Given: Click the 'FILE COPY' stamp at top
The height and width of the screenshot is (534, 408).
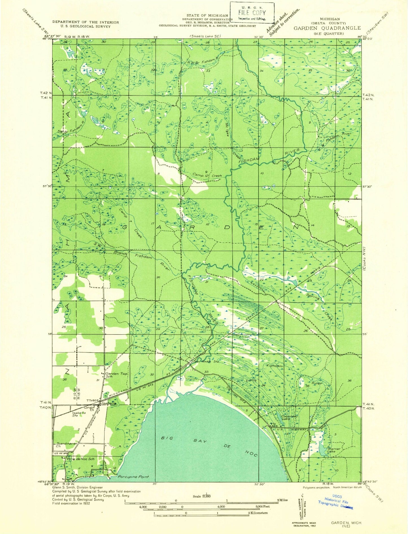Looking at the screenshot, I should point(252,13).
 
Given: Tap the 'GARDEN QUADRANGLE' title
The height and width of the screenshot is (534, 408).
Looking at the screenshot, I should point(327,28).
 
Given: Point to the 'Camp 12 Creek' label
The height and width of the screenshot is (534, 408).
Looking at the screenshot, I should point(207,175).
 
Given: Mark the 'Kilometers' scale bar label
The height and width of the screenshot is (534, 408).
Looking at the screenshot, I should point(258,513).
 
